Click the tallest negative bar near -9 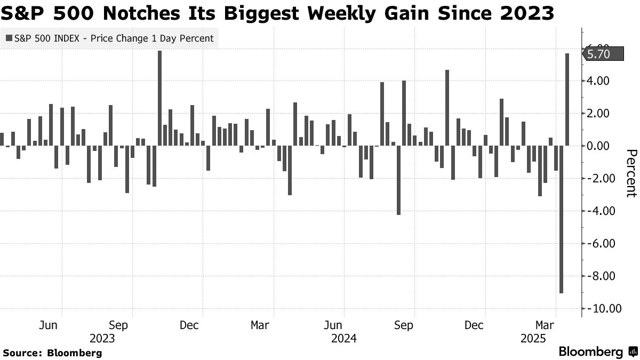pyautogui.click(x=561, y=219)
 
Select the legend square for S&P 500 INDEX pyautogui.click(x=9, y=38)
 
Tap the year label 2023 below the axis pyautogui.click(x=102, y=338)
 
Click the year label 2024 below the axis pyautogui.click(x=343, y=338)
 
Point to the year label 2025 pyautogui.click(x=533, y=338)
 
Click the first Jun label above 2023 pyautogui.click(x=49, y=325)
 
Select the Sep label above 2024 pyautogui.click(x=403, y=325)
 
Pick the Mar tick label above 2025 pyautogui.click(x=545, y=325)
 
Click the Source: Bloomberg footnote pyautogui.click(x=52, y=353)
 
